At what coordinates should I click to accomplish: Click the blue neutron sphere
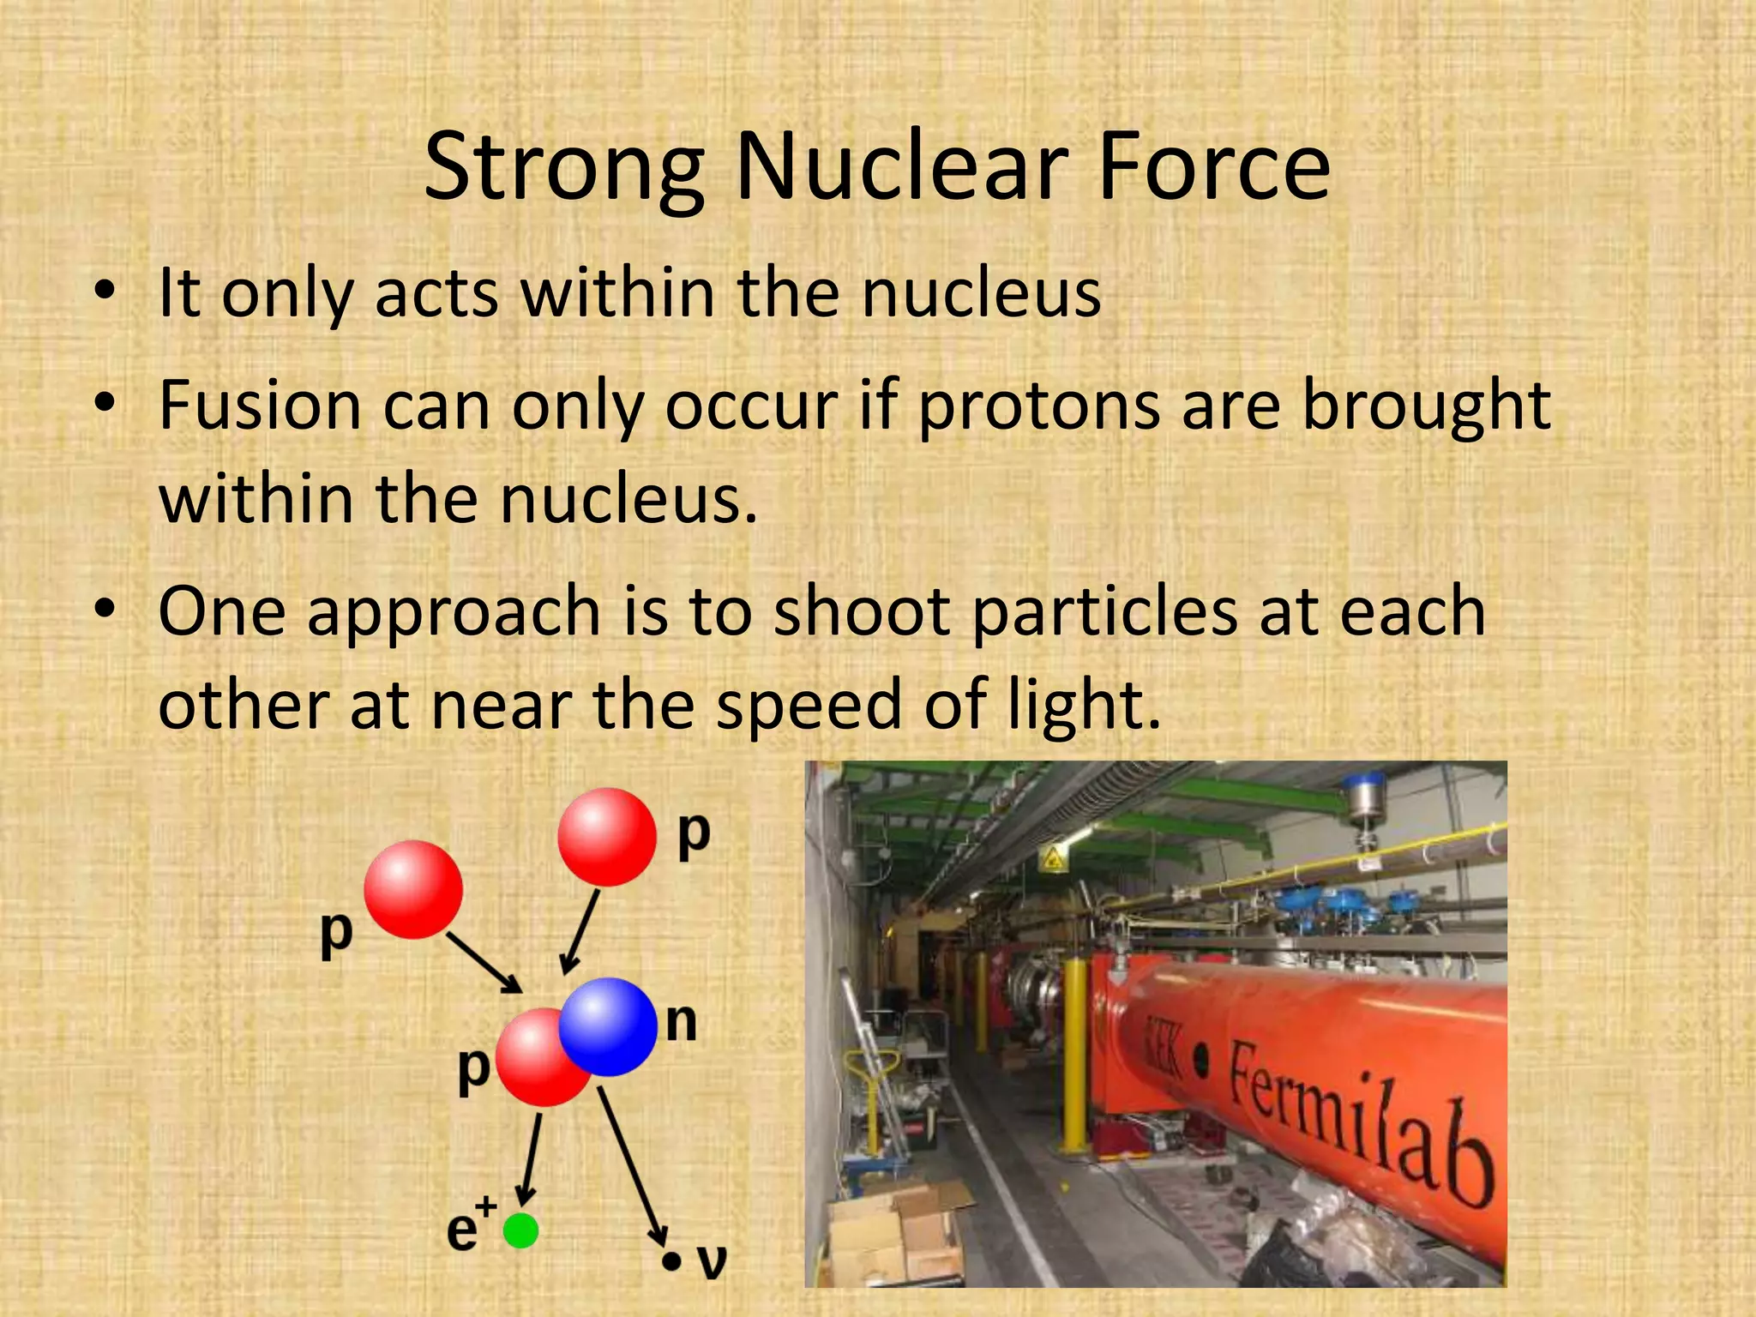[608, 1026]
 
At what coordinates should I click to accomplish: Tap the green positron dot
[520, 1230]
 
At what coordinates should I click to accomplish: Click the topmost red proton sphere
[606, 837]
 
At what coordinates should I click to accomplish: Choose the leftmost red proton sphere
[413, 889]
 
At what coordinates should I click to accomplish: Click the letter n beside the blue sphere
[682, 1022]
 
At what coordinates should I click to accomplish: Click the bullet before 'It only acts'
[105, 293]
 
